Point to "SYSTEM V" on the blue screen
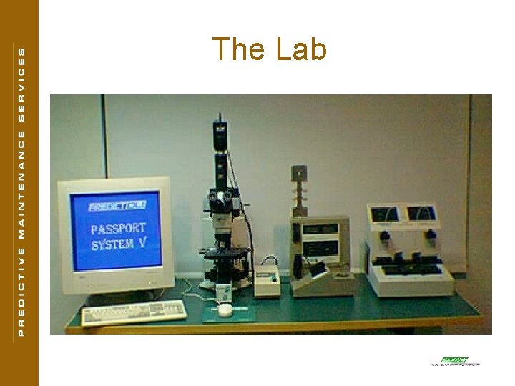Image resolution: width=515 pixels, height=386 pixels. [x=119, y=244]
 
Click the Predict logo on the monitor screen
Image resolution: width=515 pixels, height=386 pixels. [x=117, y=207]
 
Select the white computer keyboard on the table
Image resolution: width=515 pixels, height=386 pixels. [x=134, y=311]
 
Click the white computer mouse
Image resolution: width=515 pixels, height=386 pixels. [x=225, y=310]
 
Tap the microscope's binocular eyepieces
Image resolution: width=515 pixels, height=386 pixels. [x=223, y=197]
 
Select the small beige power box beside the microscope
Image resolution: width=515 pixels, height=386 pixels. [x=268, y=275]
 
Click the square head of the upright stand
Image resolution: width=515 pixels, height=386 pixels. [x=298, y=173]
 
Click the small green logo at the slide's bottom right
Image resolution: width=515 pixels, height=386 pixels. [x=454, y=360]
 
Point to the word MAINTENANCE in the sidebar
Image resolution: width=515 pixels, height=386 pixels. [x=21, y=189]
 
